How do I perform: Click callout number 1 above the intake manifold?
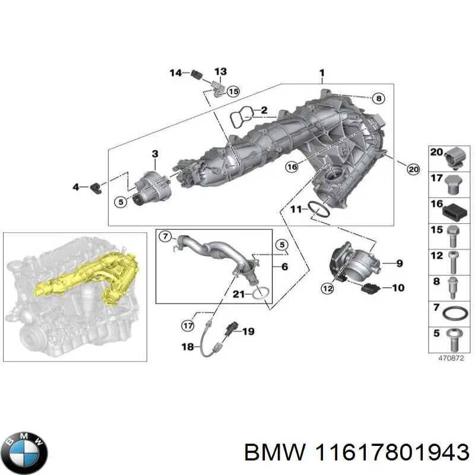[x=321, y=74]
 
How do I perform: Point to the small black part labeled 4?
[x=96, y=188]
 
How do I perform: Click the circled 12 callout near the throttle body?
[x=327, y=289]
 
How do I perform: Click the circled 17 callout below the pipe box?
[x=188, y=325]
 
